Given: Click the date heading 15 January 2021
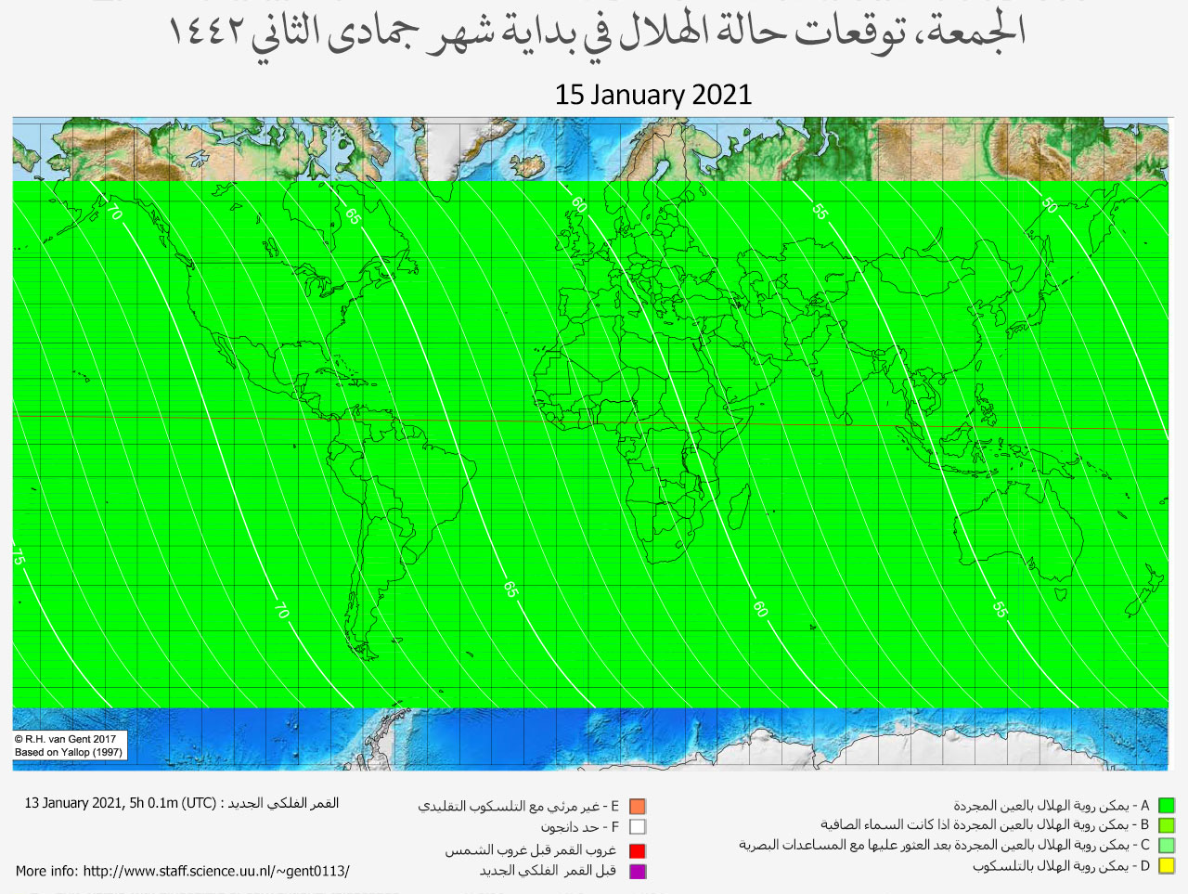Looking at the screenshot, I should click(x=652, y=95).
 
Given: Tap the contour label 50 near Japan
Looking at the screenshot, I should click(x=1049, y=205).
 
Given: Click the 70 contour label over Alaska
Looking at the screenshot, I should click(x=114, y=213).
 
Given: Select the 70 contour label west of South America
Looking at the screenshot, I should click(x=281, y=611).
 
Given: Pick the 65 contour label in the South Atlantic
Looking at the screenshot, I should click(x=510, y=589).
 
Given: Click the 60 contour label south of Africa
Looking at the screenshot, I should click(x=760, y=609).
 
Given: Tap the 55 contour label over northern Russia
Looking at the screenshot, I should click(x=820, y=211).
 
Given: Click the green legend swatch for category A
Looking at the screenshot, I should click(x=1167, y=806).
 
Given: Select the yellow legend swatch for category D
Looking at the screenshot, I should click(x=1167, y=866).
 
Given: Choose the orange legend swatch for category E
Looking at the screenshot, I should click(x=637, y=807).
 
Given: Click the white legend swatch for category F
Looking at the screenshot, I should click(x=637, y=826).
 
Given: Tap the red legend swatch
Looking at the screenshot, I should click(x=637, y=850).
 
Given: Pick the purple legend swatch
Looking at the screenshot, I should click(x=637, y=871).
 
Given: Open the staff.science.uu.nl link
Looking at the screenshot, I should click(x=215, y=871).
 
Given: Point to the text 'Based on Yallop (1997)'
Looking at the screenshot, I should click(x=69, y=752).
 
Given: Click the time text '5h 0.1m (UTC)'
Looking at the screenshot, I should click(x=171, y=803).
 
